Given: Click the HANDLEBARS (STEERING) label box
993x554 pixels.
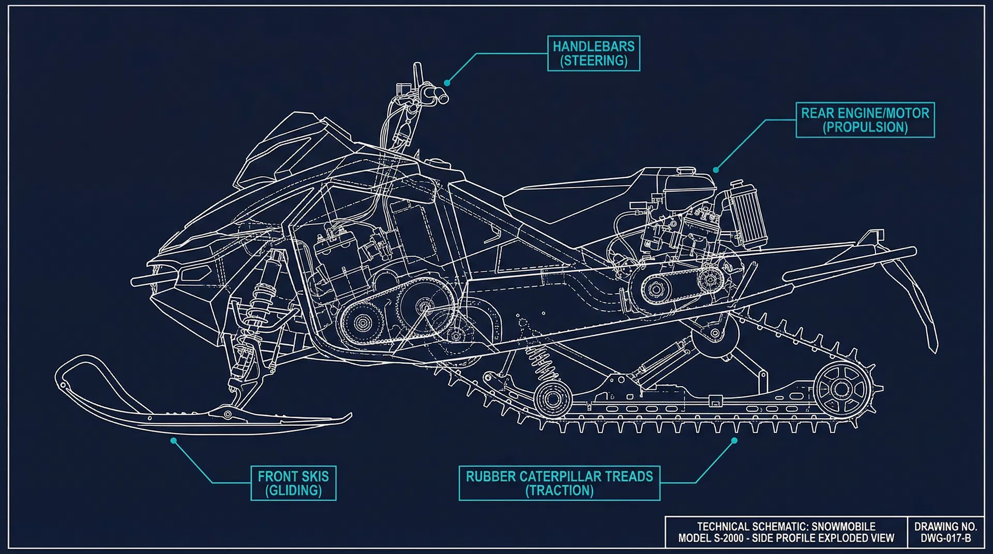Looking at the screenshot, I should (594, 53).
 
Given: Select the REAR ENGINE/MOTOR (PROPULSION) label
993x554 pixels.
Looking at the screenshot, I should (865, 120).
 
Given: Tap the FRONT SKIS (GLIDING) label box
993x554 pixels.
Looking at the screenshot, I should (293, 483).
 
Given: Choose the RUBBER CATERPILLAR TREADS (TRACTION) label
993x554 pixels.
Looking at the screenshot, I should (559, 483).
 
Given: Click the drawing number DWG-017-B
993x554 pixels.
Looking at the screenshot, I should (945, 538).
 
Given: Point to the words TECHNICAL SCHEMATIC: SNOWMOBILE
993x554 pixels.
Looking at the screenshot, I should (786, 527).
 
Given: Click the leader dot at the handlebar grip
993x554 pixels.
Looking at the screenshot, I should (447, 83).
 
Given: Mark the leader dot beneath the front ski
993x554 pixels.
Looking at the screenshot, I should (174, 440).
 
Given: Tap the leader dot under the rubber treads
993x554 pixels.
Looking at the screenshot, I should (734, 440).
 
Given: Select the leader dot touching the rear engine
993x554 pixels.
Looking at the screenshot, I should (716, 170).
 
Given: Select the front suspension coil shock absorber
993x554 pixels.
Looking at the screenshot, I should (263, 295).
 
